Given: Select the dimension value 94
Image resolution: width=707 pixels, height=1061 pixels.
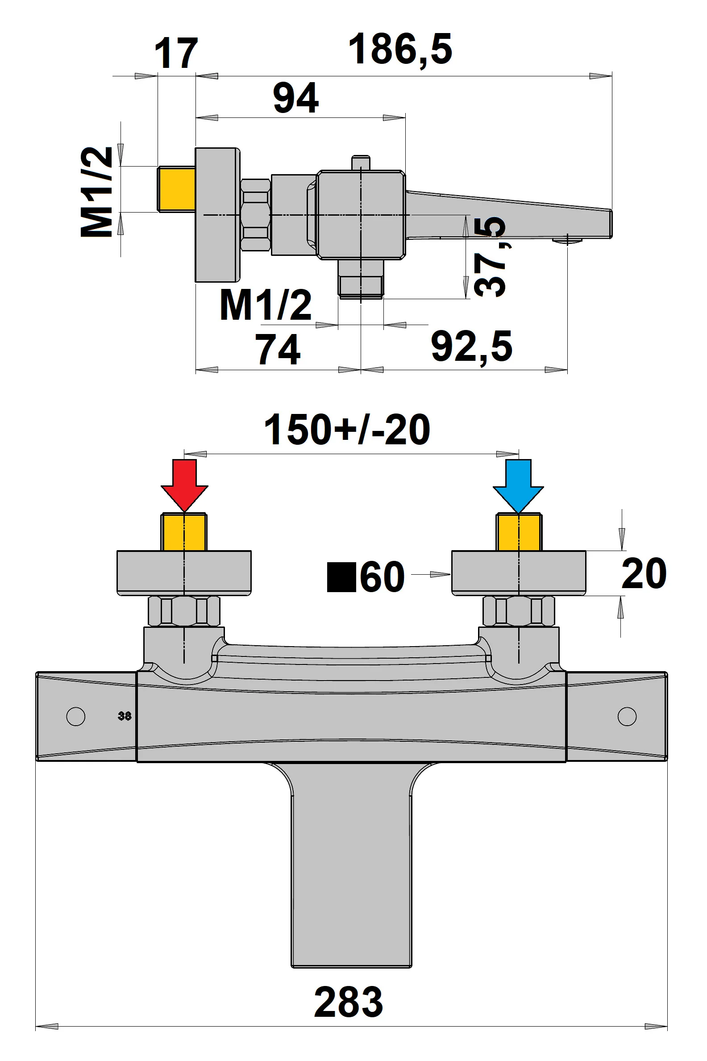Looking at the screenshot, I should click(296, 98).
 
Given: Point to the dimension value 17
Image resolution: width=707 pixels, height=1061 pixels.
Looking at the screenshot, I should click(176, 54).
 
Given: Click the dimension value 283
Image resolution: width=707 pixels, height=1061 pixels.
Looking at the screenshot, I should click(348, 1002).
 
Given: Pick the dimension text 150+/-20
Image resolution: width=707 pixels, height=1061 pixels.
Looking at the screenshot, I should click(347, 430).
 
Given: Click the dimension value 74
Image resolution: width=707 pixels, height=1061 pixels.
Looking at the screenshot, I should click(278, 349).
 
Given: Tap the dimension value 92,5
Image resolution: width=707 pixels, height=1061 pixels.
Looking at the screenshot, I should click(472, 347).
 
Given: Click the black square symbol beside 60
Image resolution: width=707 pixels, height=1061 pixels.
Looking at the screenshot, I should click(341, 577).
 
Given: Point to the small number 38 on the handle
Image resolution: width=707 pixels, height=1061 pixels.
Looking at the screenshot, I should click(125, 716).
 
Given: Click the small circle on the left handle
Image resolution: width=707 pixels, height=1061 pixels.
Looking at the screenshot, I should click(76, 716).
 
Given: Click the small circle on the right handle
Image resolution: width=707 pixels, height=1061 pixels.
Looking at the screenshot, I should click(627, 716).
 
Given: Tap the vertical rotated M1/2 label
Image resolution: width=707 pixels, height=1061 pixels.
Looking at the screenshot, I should click(97, 192).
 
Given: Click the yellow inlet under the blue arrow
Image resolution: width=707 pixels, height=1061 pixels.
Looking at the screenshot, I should click(519, 533).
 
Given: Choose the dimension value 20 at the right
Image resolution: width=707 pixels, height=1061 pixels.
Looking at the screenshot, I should click(644, 574).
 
